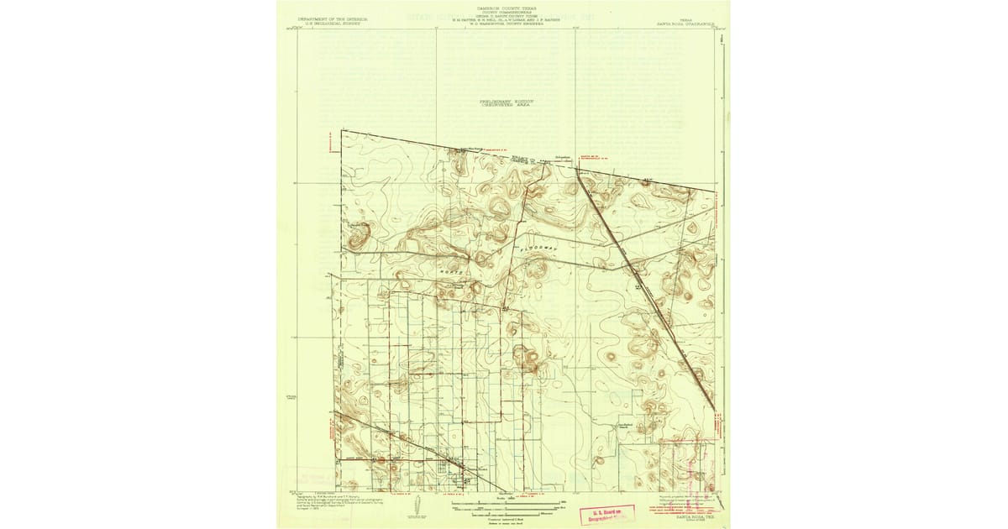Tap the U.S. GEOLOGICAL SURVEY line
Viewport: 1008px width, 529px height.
pos(327,21)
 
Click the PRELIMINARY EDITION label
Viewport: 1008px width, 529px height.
pos(507,101)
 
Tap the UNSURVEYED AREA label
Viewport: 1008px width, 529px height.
pos(507,106)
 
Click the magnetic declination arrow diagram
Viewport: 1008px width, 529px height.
pos(418,505)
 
